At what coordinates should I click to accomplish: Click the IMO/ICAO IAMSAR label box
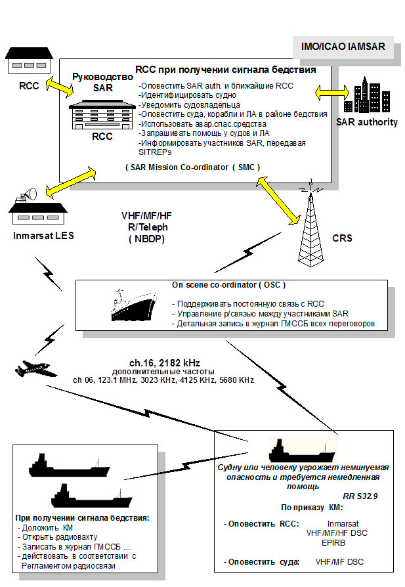343,48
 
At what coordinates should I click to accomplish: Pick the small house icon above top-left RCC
25,61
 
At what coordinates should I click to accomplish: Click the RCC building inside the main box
102,114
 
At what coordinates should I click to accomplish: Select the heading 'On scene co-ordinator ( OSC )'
228,285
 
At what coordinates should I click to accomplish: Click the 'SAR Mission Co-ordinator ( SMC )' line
192,167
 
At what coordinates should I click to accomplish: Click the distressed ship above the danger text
301,451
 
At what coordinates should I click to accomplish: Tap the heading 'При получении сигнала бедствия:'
83,517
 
